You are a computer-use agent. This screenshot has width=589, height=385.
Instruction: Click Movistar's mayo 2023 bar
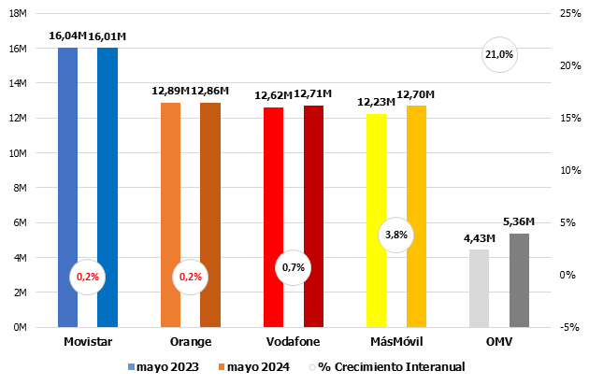tap(67, 187)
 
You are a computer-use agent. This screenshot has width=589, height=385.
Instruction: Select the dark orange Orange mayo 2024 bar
tap(209, 215)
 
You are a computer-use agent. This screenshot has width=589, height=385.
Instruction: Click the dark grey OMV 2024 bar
tap(519, 280)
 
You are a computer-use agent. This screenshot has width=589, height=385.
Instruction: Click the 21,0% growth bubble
tap(499, 55)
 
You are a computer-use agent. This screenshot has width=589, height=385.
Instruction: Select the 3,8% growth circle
tap(395, 235)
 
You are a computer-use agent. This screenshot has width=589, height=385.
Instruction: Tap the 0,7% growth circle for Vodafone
tap(294, 268)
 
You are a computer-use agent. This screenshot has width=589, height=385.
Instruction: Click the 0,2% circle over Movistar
tap(88, 277)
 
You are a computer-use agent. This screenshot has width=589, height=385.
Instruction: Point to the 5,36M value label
tap(518, 222)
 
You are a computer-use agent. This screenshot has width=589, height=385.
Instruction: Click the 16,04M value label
tap(67, 36)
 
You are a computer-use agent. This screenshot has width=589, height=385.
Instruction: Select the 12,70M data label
tap(415, 94)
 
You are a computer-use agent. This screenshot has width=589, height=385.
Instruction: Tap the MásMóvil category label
tap(395, 342)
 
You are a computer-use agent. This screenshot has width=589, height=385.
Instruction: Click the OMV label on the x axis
tap(498, 342)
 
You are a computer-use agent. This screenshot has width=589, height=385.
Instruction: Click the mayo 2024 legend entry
tap(251, 366)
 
